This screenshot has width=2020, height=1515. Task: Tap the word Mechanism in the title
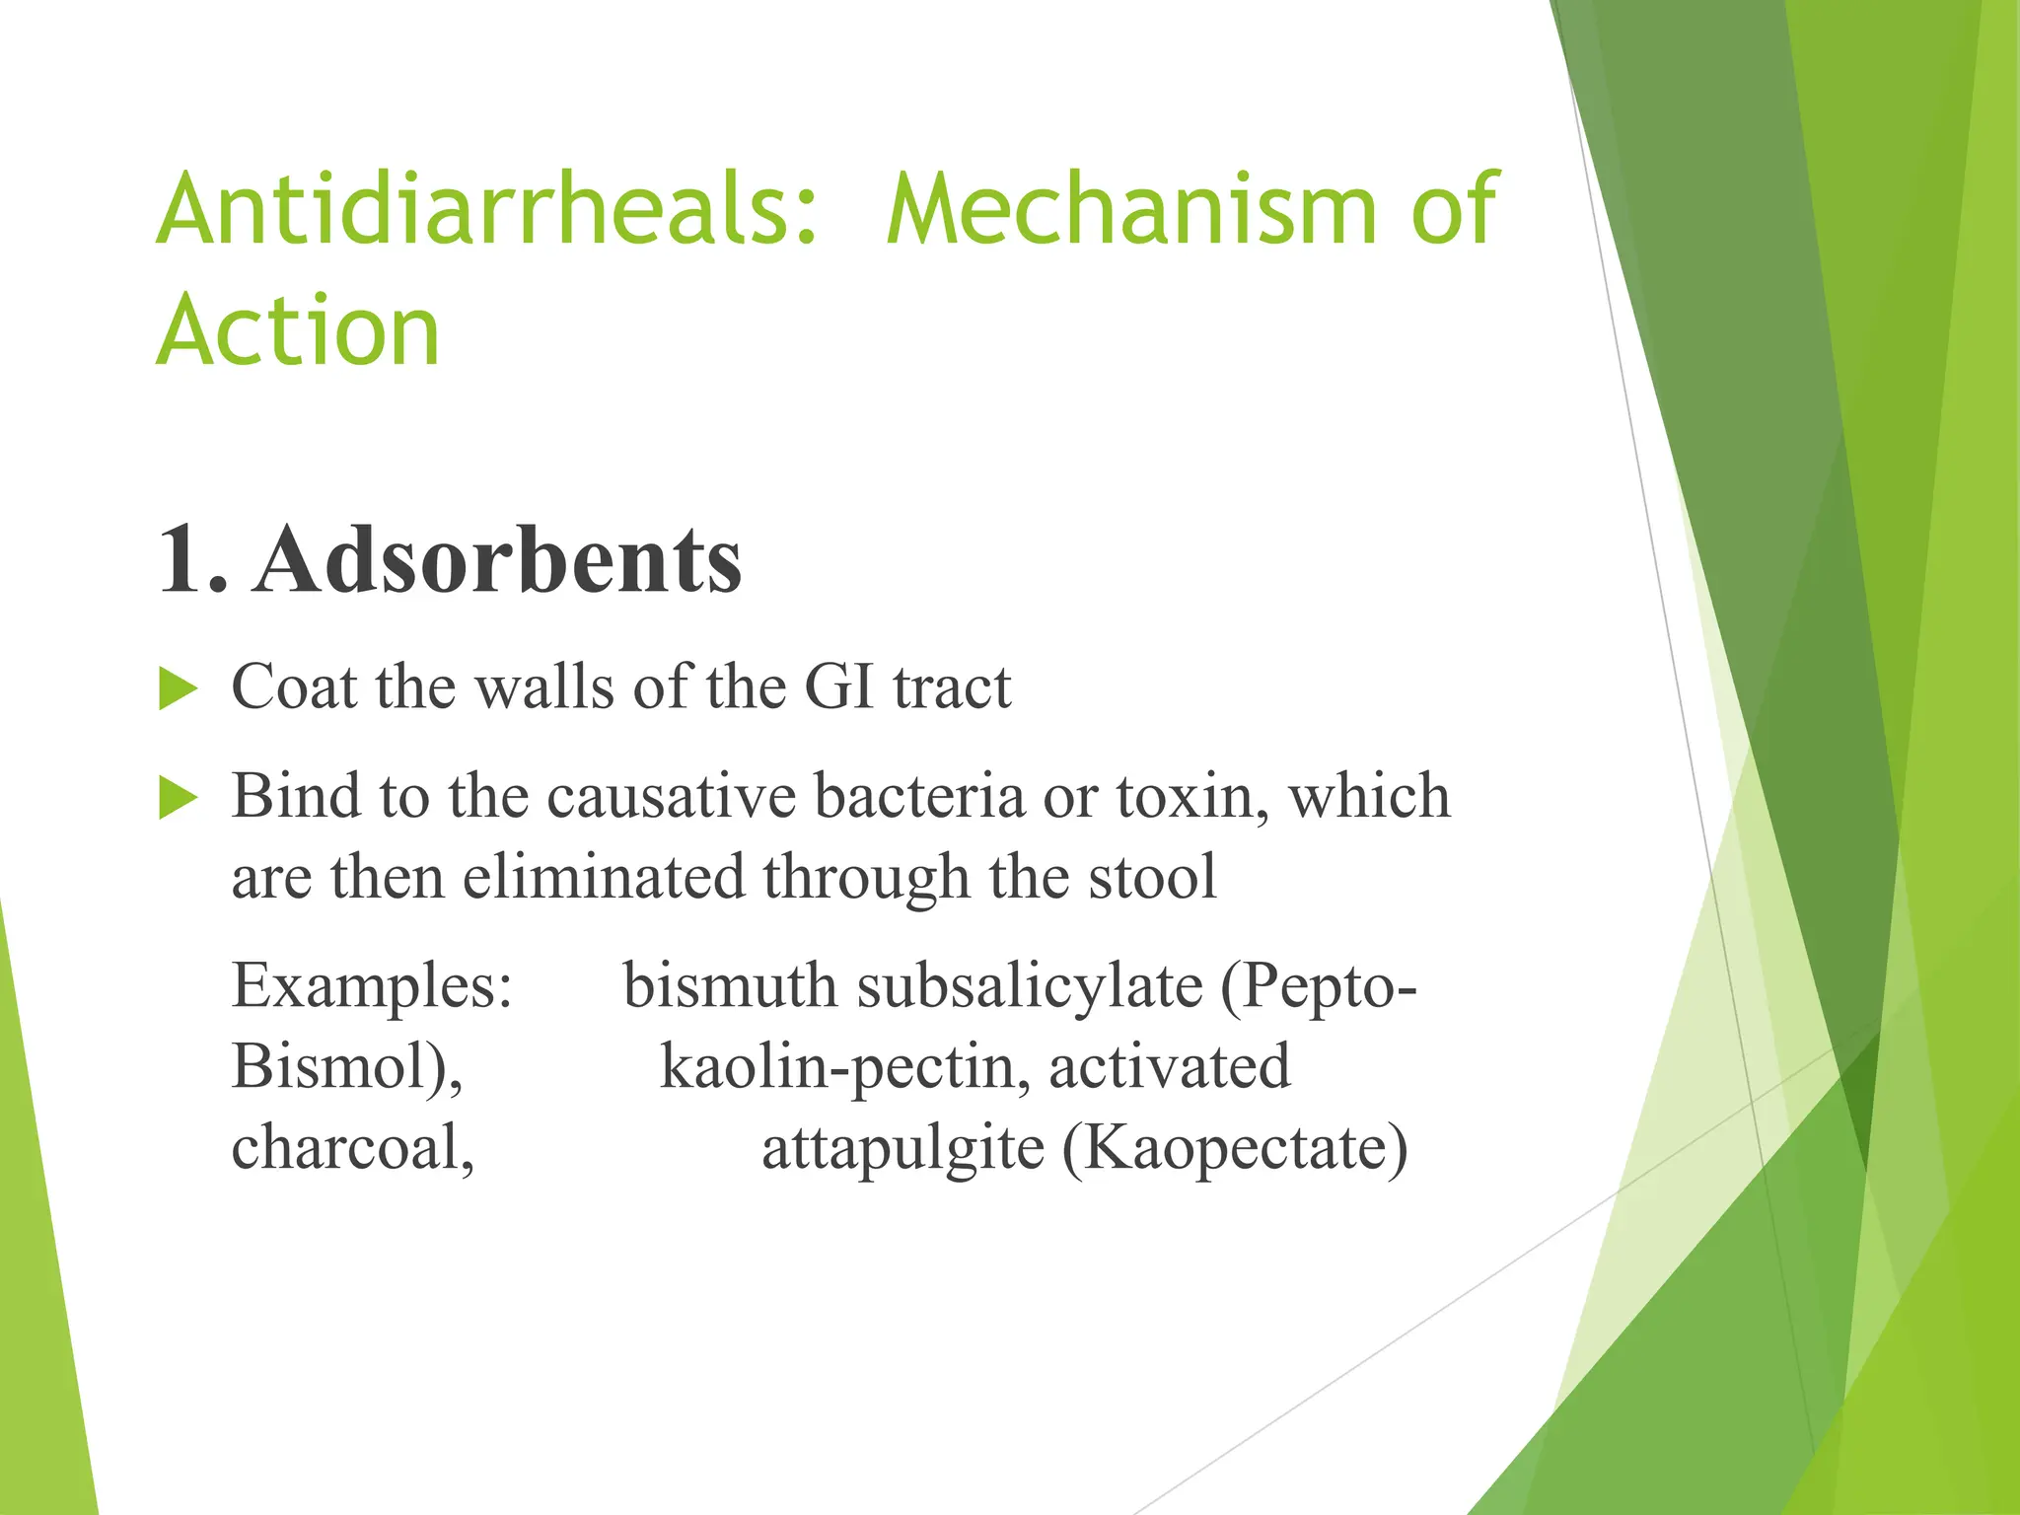pos(1130,209)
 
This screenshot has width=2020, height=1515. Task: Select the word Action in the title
pos(298,331)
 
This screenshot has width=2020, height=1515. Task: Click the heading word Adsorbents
pos(497,559)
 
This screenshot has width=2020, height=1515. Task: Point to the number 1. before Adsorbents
pos(192,559)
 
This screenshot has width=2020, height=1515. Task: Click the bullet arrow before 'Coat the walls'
pos(179,688)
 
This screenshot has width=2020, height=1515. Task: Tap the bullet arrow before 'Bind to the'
pos(179,797)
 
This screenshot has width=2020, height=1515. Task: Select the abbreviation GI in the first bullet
pos(839,686)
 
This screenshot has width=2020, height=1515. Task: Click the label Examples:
pos(372,986)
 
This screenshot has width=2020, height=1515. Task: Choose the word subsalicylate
pos(1030,986)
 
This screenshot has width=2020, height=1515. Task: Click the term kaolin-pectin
pos(845,1067)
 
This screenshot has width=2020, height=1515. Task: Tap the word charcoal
pos(352,1148)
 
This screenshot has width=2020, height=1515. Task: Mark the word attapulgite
pos(902,1150)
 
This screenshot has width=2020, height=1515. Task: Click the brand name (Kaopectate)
pos(1235,1148)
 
